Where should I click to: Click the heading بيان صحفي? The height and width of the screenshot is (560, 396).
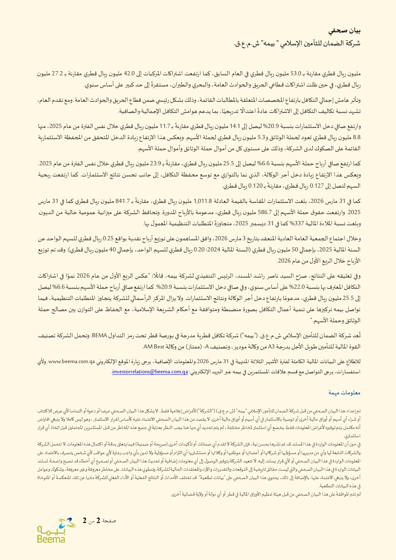pos(344,31)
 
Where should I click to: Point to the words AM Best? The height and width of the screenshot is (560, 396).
pos(154,347)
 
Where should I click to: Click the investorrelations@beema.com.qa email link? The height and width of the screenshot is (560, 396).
pos(150,372)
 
